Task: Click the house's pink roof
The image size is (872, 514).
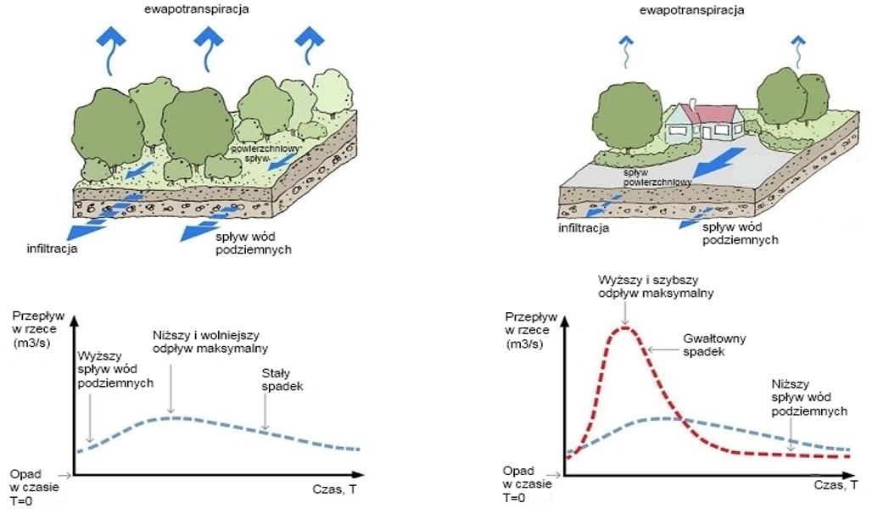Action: click(713, 114)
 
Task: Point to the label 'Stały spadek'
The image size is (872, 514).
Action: click(282, 379)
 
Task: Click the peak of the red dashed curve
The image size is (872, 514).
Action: click(625, 328)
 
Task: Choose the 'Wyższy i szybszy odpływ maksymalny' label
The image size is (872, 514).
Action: click(656, 287)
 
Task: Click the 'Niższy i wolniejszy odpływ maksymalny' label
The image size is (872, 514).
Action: click(210, 342)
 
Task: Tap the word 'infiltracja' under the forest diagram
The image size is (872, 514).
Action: click(53, 249)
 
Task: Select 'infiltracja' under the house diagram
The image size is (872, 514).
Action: click(584, 228)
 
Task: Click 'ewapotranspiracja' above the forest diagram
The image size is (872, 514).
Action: click(196, 8)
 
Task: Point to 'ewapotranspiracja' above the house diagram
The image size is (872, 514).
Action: click(691, 10)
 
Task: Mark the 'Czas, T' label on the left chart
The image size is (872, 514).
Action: click(335, 489)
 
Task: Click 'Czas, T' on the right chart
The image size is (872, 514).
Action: click(836, 485)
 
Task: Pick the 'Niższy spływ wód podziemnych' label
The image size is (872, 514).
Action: click(809, 398)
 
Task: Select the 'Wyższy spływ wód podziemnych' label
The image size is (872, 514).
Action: click(115, 369)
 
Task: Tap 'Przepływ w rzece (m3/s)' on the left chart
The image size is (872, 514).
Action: click(38, 329)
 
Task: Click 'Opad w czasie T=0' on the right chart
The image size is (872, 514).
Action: click(528, 484)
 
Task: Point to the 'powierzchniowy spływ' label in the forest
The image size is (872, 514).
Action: click(265, 154)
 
